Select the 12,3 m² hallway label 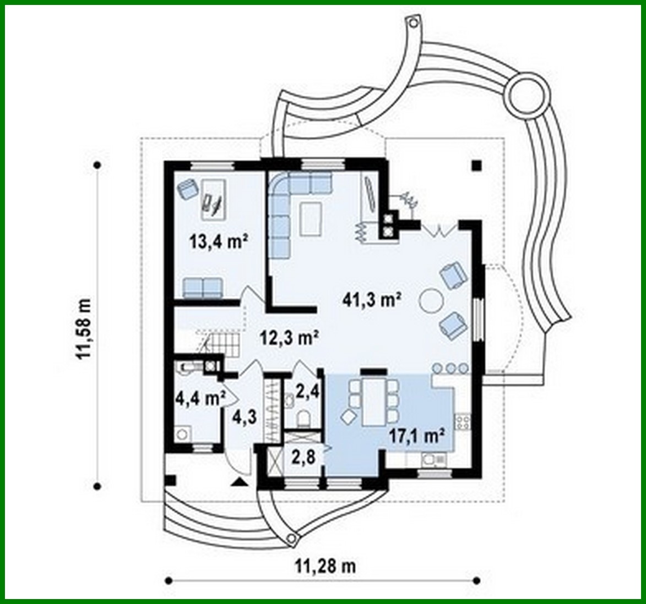click(x=287, y=337)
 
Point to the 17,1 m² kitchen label click(x=417, y=436)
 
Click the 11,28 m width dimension click(x=324, y=565)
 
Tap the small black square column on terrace click(x=477, y=164)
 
